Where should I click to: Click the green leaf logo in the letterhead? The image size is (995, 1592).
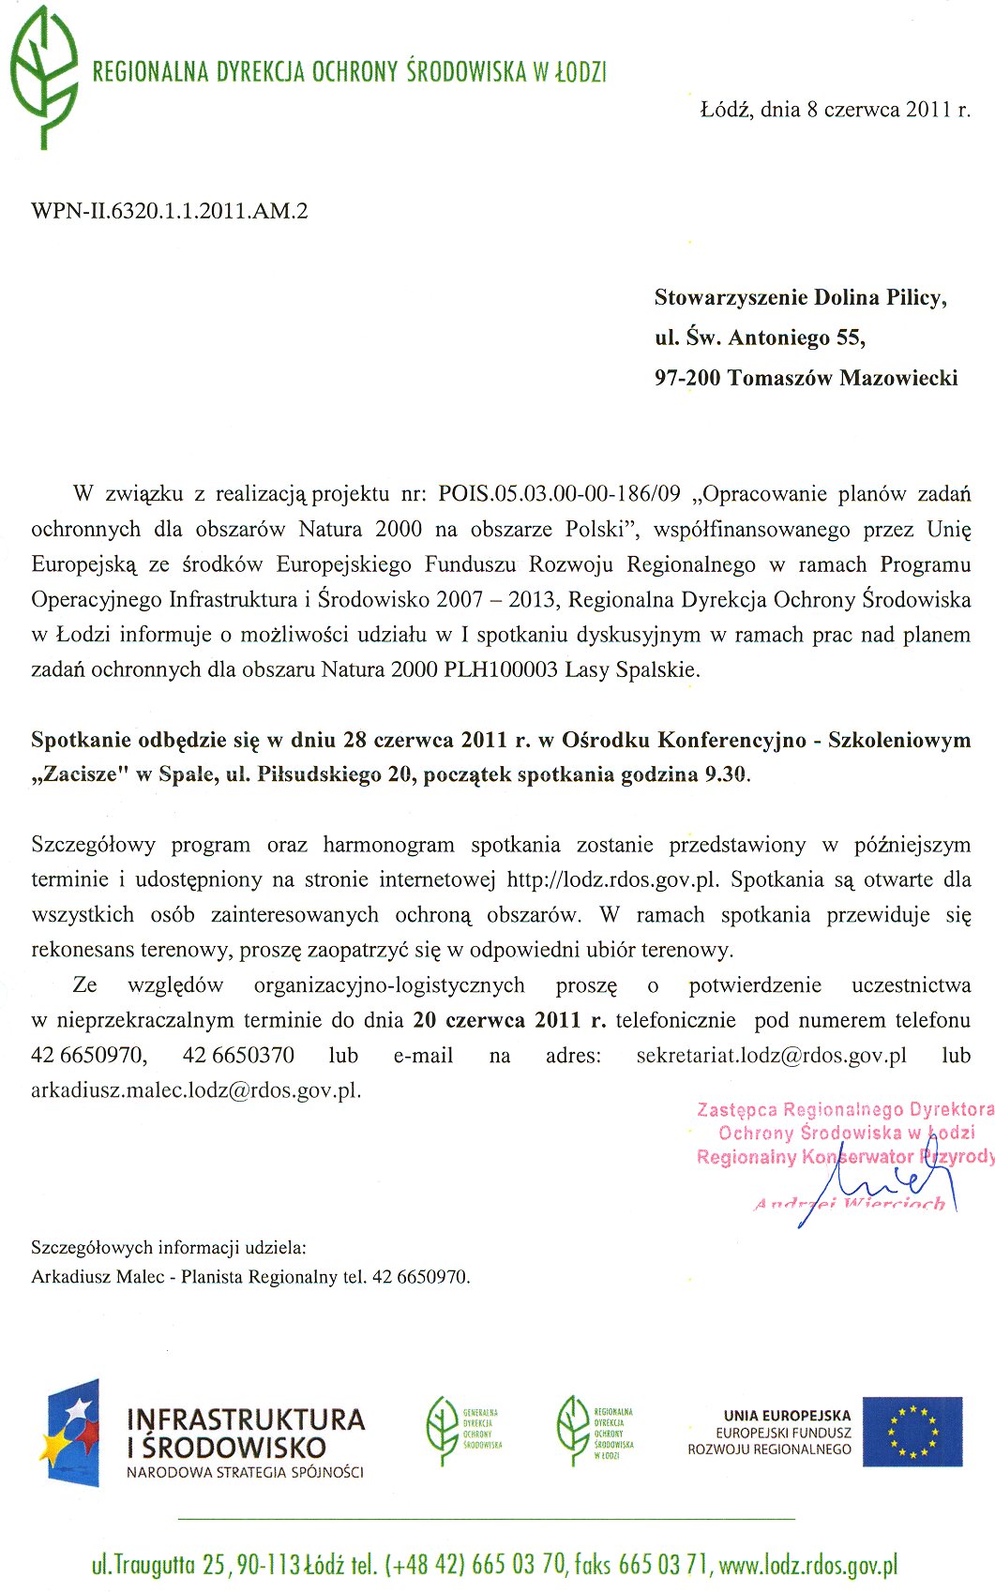point(43,77)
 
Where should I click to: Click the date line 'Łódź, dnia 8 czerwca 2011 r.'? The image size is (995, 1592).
point(835,110)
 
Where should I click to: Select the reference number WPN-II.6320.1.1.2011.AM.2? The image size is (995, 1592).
point(170,211)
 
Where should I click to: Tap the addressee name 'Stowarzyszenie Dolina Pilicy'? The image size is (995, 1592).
point(799,298)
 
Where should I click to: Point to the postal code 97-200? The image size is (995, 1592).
point(687,379)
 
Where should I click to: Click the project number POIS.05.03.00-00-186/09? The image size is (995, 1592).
point(559,494)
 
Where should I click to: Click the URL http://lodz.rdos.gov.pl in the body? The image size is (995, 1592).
point(611,880)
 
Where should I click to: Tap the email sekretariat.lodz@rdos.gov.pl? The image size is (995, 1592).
point(771,1056)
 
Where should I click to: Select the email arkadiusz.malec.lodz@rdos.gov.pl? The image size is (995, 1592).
point(195,1090)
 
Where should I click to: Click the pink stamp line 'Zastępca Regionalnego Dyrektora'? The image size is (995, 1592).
point(844,1110)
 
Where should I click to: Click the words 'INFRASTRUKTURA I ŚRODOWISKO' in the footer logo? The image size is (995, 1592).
point(245,1433)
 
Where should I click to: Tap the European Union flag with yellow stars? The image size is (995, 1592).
point(912,1432)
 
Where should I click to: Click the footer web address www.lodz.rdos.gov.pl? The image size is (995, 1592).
point(807,1565)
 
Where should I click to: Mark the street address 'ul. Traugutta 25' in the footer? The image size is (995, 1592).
point(158,1565)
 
